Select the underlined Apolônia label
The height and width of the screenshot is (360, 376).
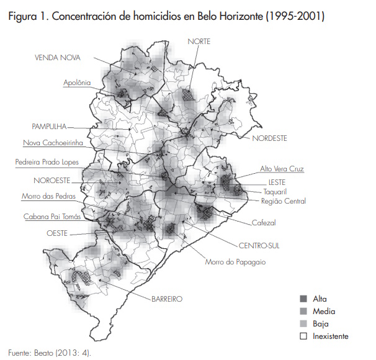point(77,82)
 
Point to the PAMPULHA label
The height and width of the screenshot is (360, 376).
point(49,125)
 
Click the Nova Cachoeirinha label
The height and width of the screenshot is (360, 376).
point(53,143)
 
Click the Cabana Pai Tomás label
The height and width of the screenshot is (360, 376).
point(52,217)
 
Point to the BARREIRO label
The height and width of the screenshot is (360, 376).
point(166,299)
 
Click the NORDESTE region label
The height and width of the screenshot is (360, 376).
point(269,138)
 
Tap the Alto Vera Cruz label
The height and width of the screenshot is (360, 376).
point(282,169)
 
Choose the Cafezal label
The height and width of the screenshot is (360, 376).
point(264,222)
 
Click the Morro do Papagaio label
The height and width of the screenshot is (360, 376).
point(235,262)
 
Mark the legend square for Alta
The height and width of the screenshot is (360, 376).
point(303,299)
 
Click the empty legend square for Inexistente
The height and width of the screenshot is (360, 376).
point(303,336)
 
